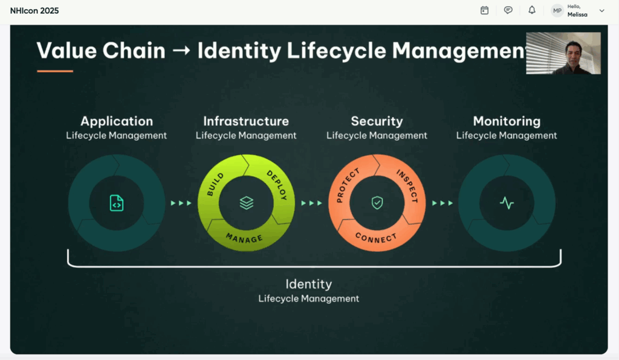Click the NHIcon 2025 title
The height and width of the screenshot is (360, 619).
(x=34, y=11)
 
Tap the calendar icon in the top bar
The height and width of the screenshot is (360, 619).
(x=484, y=10)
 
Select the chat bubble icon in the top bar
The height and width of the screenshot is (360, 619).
(x=508, y=10)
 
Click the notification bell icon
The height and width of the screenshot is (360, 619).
(x=532, y=10)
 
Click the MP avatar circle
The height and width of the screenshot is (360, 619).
(x=557, y=11)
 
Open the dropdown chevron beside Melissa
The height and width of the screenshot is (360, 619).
(x=601, y=11)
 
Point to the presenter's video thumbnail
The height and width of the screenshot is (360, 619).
(x=563, y=53)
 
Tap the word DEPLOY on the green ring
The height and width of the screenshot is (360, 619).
(x=277, y=185)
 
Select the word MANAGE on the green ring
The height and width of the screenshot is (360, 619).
(x=244, y=238)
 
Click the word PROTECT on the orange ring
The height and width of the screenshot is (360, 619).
(x=348, y=185)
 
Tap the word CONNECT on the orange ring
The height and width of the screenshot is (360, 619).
(x=376, y=237)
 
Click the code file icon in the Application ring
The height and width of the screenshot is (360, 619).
(x=117, y=203)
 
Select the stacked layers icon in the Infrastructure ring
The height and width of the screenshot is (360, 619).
(x=247, y=203)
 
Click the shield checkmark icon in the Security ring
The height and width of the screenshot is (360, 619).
(x=377, y=203)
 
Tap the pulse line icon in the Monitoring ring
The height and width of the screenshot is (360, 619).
(x=507, y=204)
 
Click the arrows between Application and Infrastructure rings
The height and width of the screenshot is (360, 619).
(x=181, y=203)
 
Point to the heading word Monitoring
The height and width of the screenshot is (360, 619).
(x=507, y=121)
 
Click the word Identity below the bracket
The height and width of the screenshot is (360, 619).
(x=308, y=284)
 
